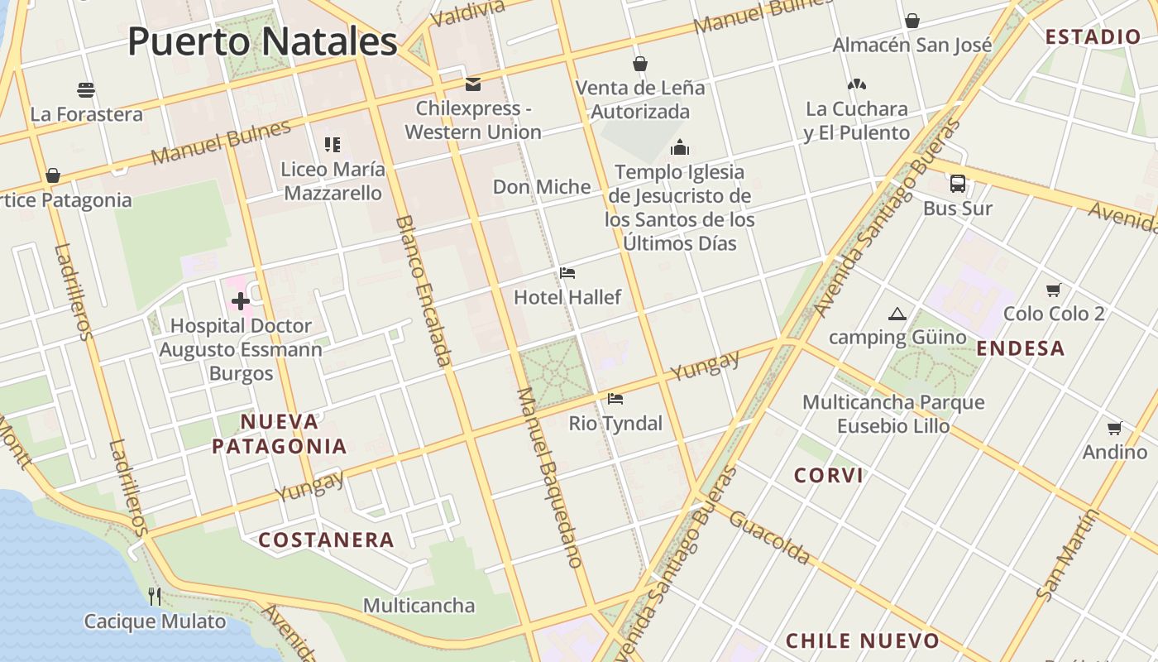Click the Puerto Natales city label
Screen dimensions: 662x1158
click(x=262, y=41)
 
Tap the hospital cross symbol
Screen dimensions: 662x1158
click(x=241, y=302)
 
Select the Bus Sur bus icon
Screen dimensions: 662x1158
click(x=958, y=184)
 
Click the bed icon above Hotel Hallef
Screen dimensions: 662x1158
click(x=567, y=273)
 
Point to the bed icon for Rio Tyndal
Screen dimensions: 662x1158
click(x=615, y=399)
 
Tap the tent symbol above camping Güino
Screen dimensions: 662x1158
click(x=897, y=314)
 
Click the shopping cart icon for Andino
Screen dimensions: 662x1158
click(x=1114, y=428)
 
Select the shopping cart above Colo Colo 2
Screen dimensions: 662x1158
click(x=1053, y=290)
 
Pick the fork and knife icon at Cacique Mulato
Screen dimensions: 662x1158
click(x=154, y=596)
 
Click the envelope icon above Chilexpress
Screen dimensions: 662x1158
click(x=473, y=84)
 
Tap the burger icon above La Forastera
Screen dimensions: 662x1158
click(x=86, y=89)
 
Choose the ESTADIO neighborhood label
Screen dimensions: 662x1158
click(x=1093, y=36)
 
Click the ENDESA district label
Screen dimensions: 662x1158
click(x=1021, y=348)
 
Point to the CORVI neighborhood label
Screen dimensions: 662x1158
click(x=829, y=475)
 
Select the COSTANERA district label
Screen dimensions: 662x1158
click(x=326, y=540)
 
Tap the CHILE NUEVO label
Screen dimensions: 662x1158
click(x=863, y=640)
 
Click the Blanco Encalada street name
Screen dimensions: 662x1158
click(x=424, y=290)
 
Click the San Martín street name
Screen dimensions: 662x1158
click(x=1068, y=554)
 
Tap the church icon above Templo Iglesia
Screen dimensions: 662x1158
click(x=680, y=148)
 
